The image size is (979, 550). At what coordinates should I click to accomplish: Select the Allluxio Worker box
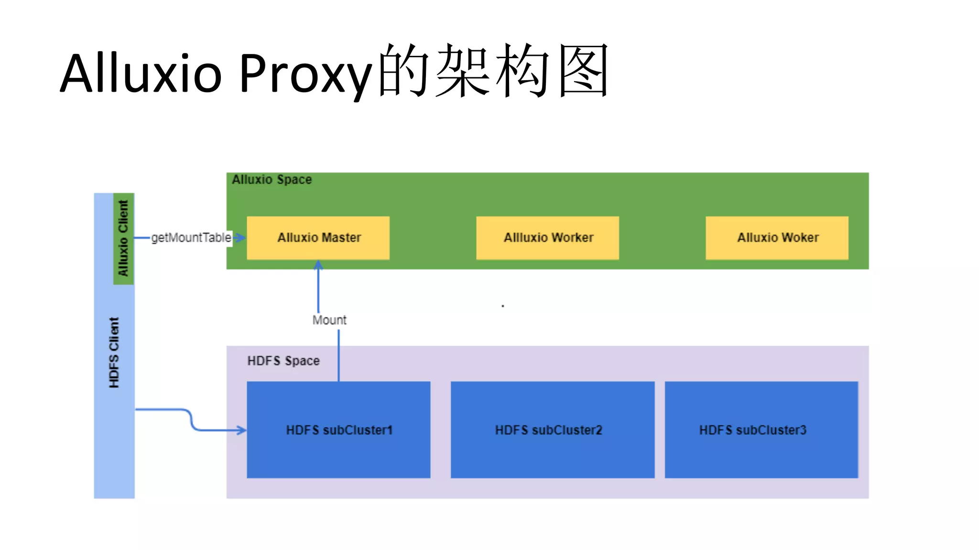(547, 238)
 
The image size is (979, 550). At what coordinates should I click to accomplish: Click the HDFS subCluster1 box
(338, 430)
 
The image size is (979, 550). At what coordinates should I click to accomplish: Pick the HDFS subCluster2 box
(552, 430)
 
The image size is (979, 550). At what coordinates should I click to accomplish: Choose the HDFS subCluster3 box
(761, 430)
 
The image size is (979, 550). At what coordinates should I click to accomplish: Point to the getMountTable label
(191, 238)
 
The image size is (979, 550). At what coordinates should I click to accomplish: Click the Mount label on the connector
(329, 320)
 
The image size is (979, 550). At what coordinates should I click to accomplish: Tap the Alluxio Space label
(272, 180)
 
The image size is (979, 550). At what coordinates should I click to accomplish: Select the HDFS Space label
(283, 361)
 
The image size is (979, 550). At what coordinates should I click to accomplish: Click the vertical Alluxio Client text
(123, 238)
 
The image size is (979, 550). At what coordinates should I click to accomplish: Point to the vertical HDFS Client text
(114, 352)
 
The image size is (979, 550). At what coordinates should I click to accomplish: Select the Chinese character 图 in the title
(584, 71)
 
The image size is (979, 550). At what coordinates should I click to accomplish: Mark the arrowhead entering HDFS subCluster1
(242, 430)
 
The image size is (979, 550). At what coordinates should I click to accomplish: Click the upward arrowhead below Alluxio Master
(318, 264)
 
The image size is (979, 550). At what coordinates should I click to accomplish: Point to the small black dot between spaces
(503, 306)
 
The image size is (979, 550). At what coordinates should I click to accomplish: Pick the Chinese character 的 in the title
(404, 71)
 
